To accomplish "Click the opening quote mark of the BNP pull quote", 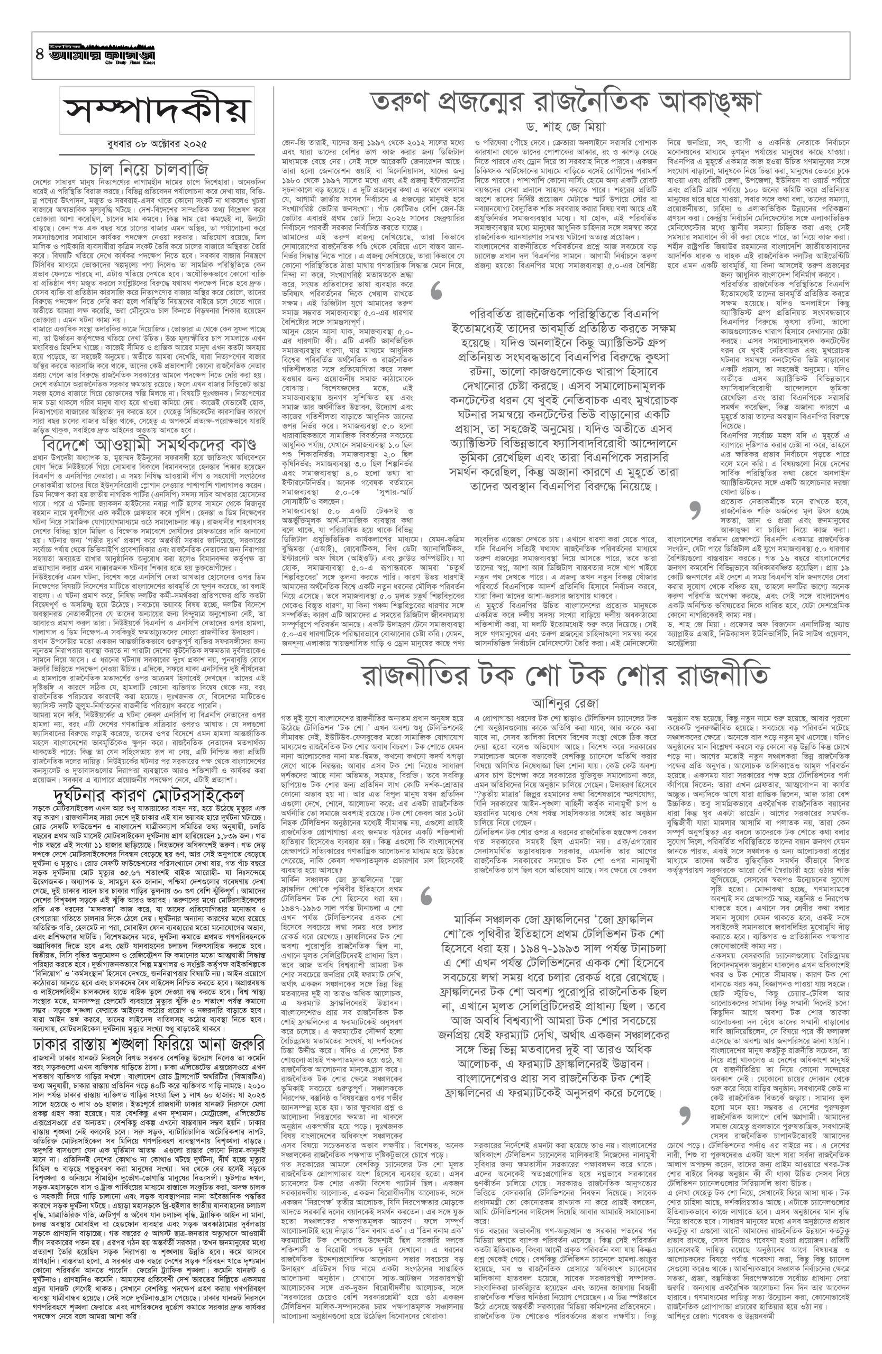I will tap(437, 292).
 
